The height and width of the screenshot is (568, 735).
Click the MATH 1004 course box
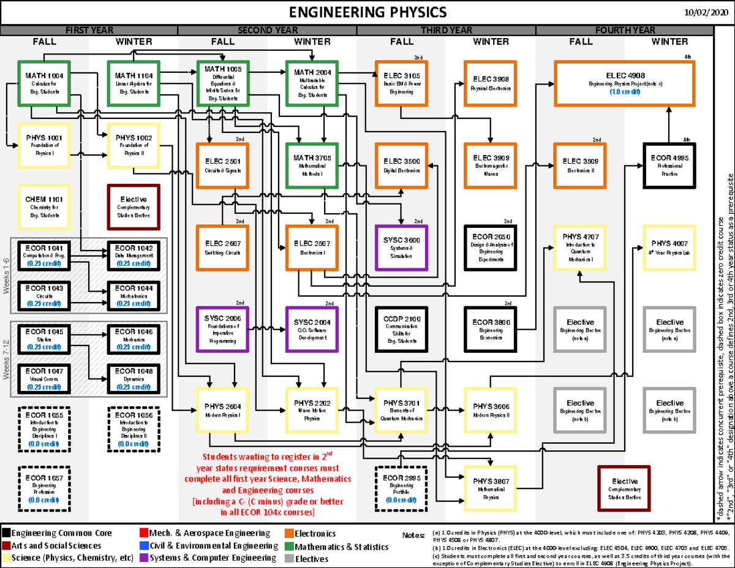pyautogui.click(x=44, y=83)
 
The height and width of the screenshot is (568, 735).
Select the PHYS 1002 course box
pyautogui.click(x=134, y=145)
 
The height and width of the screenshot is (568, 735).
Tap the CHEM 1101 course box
pyautogui.click(x=44, y=206)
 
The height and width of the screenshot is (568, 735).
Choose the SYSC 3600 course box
pyautogui.click(x=401, y=248)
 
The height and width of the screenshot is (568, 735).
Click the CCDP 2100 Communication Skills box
pyautogui.click(x=401, y=329)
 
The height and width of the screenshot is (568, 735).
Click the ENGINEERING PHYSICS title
pyautogui.click(x=367, y=12)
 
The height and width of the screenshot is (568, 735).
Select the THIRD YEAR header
pyautogui.click(x=446, y=30)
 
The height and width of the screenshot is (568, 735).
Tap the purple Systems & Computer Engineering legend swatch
pyautogui.click(x=145, y=558)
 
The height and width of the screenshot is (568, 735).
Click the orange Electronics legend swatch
pyautogui.click(x=289, y=533)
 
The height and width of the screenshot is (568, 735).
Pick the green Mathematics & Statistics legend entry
pyautogui.click(x=341, y=546)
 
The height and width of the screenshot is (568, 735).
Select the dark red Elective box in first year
pyautogui.click(x=134, y=206)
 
